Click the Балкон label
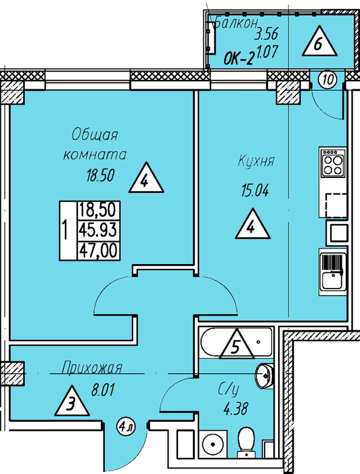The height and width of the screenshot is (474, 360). [236, 23]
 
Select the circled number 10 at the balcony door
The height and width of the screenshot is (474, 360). [328, 80]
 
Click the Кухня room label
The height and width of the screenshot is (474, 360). [256, 161]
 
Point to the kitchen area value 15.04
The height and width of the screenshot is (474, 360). [255, 191]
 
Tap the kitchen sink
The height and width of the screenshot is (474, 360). [333, 272]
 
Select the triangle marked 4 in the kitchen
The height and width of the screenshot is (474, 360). [252, 225]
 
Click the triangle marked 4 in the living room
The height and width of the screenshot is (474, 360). [146, 178]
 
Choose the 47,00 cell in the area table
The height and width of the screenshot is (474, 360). [98, 251]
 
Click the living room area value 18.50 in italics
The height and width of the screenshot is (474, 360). [101, 175]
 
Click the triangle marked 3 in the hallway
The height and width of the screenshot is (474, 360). [72, 401]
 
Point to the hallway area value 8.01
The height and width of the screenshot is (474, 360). [103, 390]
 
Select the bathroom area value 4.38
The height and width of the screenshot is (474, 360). [236, 409]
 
